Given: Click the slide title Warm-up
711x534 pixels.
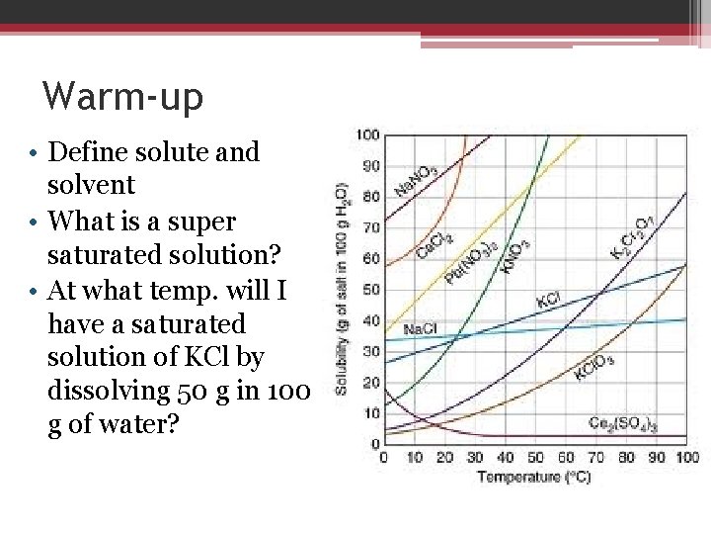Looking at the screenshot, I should (123, 97).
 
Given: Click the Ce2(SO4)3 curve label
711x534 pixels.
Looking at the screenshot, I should (623, 422).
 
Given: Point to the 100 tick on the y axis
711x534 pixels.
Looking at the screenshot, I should (366, 134).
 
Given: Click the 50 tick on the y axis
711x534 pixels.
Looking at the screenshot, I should (369, 290).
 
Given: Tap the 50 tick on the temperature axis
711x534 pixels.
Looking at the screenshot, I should (535, 457).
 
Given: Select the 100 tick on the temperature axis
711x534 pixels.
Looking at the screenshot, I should (686, 457).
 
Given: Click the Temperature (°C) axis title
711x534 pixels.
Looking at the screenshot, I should (534, 478).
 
